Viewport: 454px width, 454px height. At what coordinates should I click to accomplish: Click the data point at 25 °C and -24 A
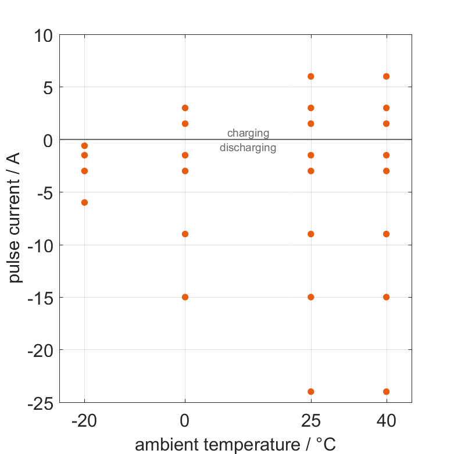(x=311, y=392)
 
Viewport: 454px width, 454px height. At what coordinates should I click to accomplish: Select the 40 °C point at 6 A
(x=387, y=76)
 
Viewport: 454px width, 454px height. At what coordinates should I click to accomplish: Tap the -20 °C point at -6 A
(x=84, y=202)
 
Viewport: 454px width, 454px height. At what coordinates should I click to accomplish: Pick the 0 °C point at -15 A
(x=185, y=297)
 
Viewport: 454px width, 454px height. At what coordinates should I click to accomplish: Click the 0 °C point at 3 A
(x=185, y=108)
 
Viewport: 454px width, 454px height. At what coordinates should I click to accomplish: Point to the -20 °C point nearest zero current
(x=84, y=146)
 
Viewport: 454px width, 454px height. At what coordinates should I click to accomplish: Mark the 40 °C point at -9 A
(x=387, y=234)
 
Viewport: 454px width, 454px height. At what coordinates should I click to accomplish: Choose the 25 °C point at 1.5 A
(x=311, y=124)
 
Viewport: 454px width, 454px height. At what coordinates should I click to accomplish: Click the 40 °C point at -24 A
(x=387, y=392)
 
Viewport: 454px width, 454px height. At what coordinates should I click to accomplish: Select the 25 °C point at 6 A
(x=311, y=76)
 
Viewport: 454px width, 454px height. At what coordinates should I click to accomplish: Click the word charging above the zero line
(x=248, y=134)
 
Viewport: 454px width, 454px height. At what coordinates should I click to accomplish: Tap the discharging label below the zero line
(x=248, y=148)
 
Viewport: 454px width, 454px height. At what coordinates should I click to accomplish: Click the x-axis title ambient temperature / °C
(x=235, y=445)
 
